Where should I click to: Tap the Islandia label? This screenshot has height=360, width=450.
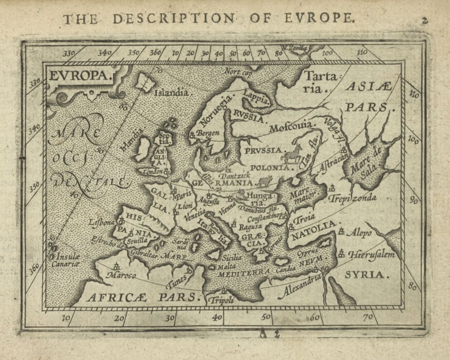pos(171,93)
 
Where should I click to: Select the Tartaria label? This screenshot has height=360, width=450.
pos(319,81)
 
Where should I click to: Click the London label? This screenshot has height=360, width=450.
pos(152,171)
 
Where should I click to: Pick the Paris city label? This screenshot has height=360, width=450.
pos(183,196)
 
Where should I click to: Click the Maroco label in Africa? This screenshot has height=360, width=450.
pos(124,274)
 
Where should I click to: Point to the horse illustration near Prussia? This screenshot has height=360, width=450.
pos(291,153)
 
